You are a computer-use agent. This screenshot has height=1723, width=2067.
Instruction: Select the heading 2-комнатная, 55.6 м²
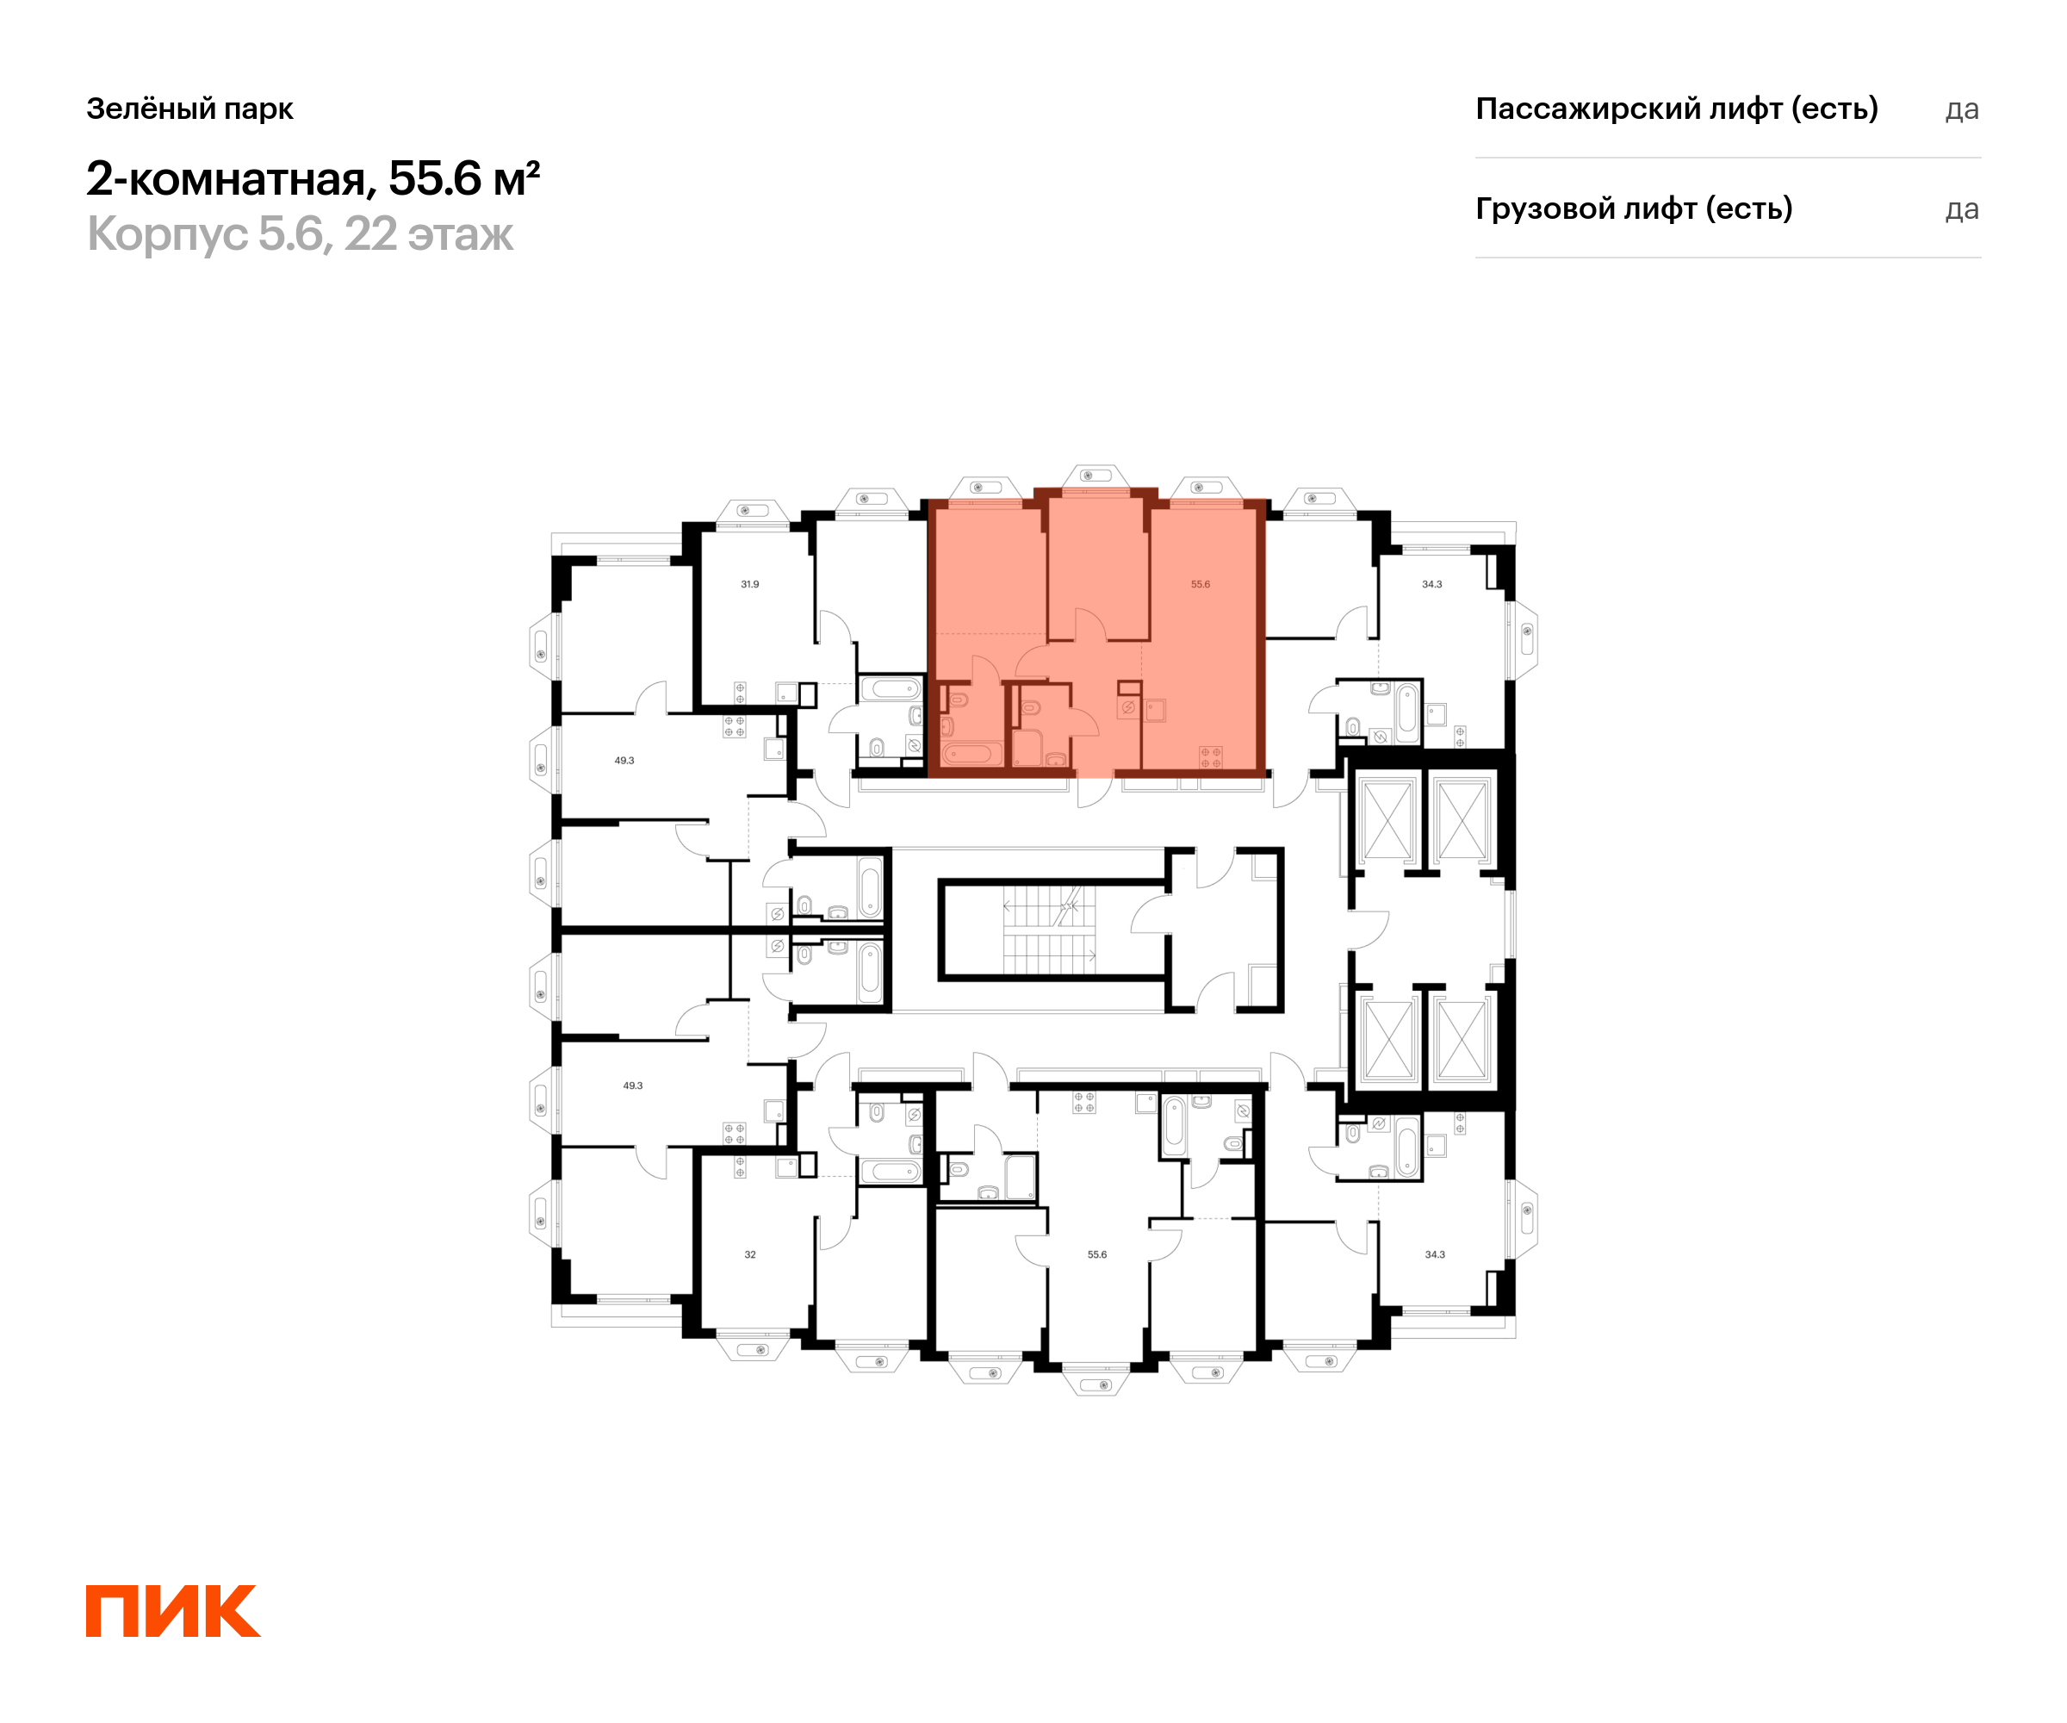313,178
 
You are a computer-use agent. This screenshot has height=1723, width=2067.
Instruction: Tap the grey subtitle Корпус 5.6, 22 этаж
301,234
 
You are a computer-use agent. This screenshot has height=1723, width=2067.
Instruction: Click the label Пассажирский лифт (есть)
1676,109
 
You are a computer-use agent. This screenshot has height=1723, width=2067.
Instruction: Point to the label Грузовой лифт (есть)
1634,208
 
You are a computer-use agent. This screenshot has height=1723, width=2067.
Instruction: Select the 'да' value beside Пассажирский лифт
1962,110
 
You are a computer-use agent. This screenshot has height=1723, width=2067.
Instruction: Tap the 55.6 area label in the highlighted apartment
1200,584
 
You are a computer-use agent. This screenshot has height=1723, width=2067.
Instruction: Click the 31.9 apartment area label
750,584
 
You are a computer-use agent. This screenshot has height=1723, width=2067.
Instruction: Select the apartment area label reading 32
750,1254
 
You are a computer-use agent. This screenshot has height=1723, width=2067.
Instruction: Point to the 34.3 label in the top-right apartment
1431,584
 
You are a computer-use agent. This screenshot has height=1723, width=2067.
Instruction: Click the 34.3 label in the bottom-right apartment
1435,1254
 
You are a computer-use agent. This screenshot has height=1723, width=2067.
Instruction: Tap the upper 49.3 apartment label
624,760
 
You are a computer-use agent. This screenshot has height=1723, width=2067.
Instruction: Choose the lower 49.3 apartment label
632,1085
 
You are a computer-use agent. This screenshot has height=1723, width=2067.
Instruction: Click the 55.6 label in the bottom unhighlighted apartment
1096,1254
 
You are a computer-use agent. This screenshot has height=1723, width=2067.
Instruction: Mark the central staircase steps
1048,930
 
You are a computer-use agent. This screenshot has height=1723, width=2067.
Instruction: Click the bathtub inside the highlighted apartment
971,754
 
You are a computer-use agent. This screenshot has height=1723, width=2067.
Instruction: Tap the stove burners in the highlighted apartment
1211,757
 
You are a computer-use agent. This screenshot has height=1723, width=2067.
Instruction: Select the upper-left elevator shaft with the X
1387,820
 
